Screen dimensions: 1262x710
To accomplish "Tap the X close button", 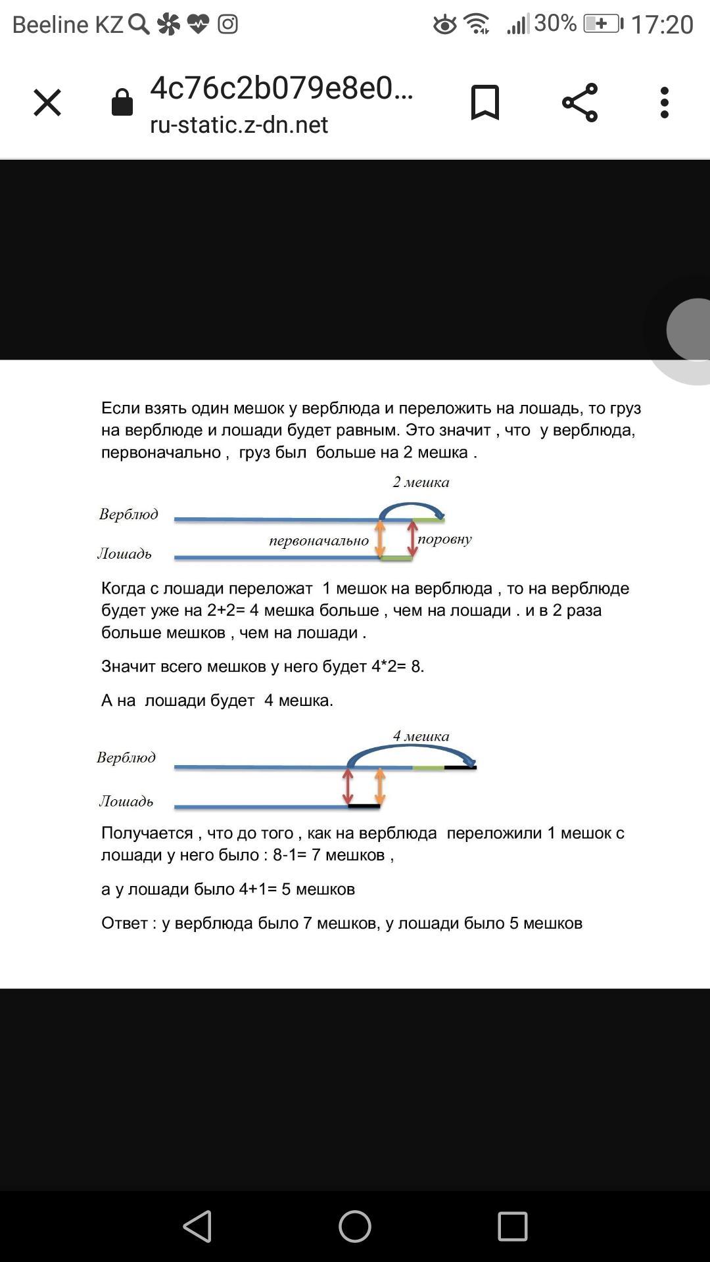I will (x=47, y=103).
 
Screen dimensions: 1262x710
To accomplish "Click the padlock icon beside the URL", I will (x=122, y=103).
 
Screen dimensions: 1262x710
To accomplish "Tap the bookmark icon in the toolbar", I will (x=485, y=103).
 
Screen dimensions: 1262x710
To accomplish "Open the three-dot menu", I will (x=665, y=103).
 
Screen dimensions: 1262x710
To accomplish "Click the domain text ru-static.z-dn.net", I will (x=239, y=124).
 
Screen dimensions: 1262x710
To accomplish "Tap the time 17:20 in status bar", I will (x=662, y=25).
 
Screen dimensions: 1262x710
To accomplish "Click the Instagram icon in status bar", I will (x=228, y=25).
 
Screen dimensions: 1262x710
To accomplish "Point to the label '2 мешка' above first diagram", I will (x=421, y=482).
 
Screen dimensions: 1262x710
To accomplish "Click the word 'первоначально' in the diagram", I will (x=319, y=541).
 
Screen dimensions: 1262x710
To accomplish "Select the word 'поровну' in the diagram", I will (x=445, y=540).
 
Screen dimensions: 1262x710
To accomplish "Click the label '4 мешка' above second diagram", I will (x=421, y=736).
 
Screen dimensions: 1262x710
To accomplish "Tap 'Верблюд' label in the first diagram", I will (x=129, y=514).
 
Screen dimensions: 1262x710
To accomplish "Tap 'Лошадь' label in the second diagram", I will (x=126, y=801).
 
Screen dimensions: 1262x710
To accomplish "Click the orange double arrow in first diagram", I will (x=380, y=539).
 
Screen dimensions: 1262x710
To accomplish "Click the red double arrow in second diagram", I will (x=348, y=787).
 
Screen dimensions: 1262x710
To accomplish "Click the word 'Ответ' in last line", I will (x=126, y=923).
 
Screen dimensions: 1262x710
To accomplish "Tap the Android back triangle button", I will (x=197, y=1227).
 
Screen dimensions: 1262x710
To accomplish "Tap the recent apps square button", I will (x=513, y=1227).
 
